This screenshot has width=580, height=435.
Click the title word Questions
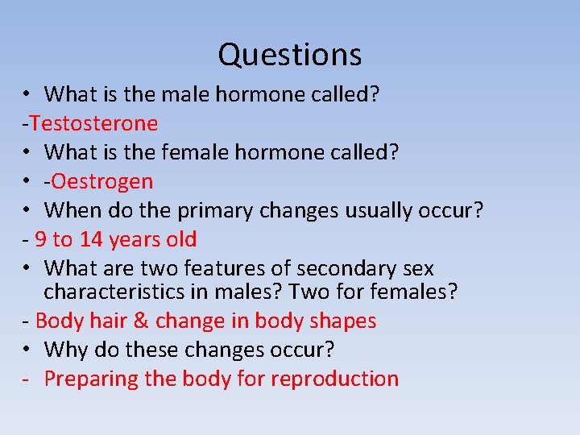[289, 55]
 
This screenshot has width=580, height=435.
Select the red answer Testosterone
[93, 123]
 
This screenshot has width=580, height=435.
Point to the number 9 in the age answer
[40, 239]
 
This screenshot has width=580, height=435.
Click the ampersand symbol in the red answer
[140, 321]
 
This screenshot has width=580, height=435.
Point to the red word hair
[106, 321]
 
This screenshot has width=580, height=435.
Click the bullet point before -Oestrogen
[27, 181]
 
